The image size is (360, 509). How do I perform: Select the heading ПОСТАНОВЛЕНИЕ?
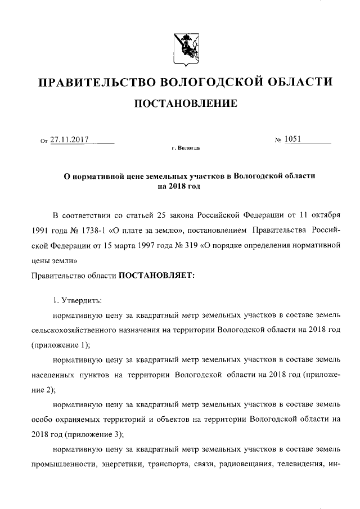coord(184,103)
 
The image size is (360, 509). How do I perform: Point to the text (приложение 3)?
coord(91,434)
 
